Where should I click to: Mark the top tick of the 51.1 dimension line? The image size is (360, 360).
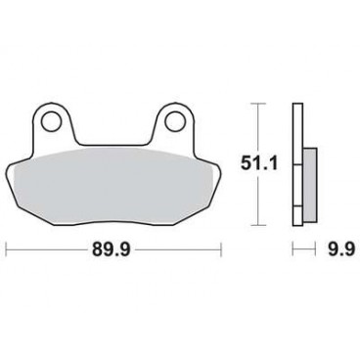tap(256, 103)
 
